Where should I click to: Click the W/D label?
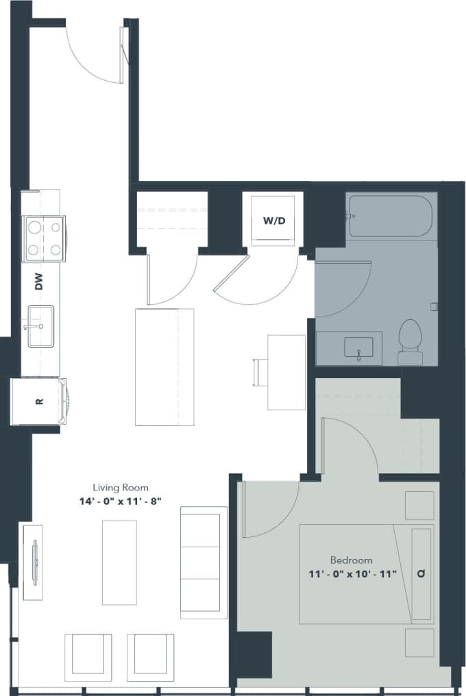pyautogui.click(x=274, y=221)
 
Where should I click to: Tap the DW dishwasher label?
pyautogui.click(x=39, y=281)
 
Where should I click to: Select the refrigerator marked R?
pyautogui.click(x=39, y=401)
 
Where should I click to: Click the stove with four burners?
pyautogui.click(x=43, y=238)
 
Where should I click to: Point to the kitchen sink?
pyautogui.click(x=40, y=327)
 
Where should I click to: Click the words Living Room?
pyautogui.click(x=121, y=488)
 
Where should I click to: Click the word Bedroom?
pyautogui.click(x=351, y=560)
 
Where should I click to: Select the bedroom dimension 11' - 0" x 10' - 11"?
pyautogui.click(x=352, y=573)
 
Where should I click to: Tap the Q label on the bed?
pyautogui.click(x=420, y=574)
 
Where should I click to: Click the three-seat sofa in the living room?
pyautogui.click(x=203, y=562)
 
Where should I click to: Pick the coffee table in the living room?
pyautogui.click(x=119, y=562)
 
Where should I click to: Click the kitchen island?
pyautogui.click(x=164, y=366)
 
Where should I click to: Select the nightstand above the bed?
pyautogui.click(x=419, y=505)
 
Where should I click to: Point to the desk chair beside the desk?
pyautogui.click(x=260, y=372)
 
